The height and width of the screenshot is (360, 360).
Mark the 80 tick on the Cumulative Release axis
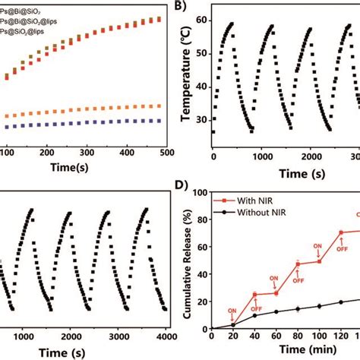[200, 219]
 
